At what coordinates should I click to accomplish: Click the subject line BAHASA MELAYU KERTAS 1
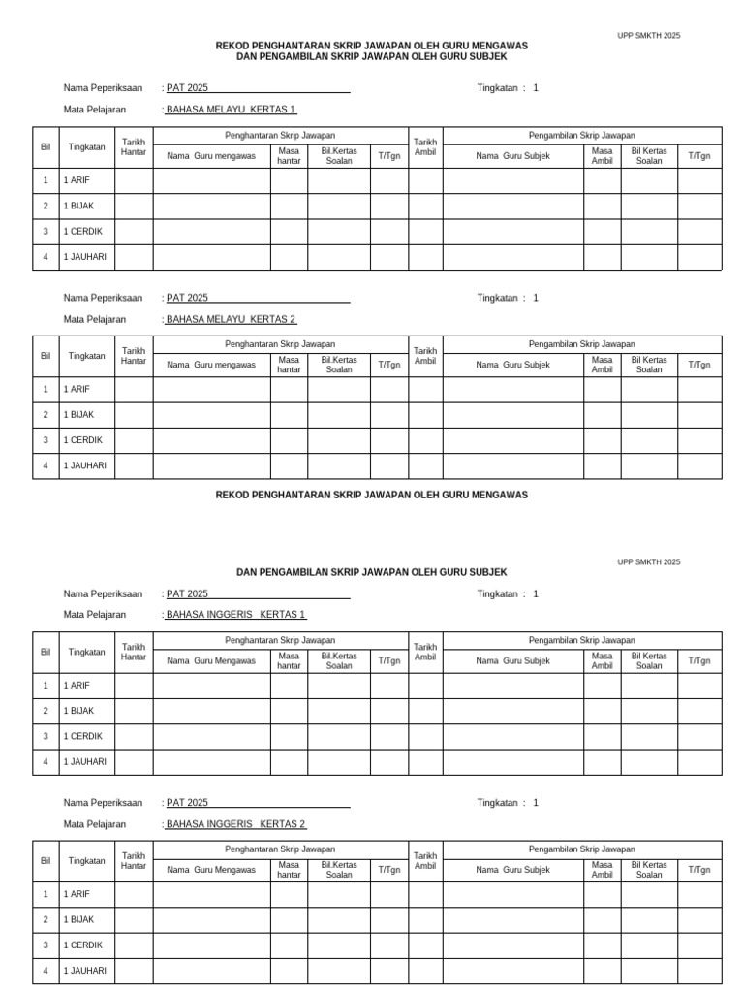pos(232,110)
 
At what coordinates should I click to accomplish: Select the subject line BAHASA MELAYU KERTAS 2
pos(232,319)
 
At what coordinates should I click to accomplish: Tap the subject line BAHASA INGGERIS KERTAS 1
pos(236,615)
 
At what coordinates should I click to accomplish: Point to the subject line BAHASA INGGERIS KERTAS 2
pos(236,824)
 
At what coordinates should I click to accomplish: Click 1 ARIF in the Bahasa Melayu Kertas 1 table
pos(77,180)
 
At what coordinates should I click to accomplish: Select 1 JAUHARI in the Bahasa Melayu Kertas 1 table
pos(85,257)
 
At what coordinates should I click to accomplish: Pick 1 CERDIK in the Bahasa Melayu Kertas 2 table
pos(82,440)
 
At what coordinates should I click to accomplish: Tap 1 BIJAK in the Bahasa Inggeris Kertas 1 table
pos(79,711)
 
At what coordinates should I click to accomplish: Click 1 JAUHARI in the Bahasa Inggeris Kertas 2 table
pos(85,971)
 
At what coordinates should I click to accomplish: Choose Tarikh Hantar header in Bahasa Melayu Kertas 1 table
pos(133,147)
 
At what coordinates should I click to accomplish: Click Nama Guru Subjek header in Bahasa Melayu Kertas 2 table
pos(512,365)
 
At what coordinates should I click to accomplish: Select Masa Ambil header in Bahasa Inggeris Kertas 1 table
pos(602,660)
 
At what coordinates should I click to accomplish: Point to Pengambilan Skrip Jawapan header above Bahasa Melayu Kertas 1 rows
pos(581,135)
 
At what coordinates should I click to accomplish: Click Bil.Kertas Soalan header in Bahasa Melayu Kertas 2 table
pos(339,365)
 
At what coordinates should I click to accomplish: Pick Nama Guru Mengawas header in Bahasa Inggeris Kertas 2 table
pos(211,870)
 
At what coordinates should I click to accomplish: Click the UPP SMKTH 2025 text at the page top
pos(648,36)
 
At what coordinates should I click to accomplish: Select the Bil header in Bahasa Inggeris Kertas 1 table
pos(46,652)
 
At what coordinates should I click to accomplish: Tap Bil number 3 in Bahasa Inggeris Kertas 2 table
pos(46,945)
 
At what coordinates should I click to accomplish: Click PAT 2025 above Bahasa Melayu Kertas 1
pos(187,88)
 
